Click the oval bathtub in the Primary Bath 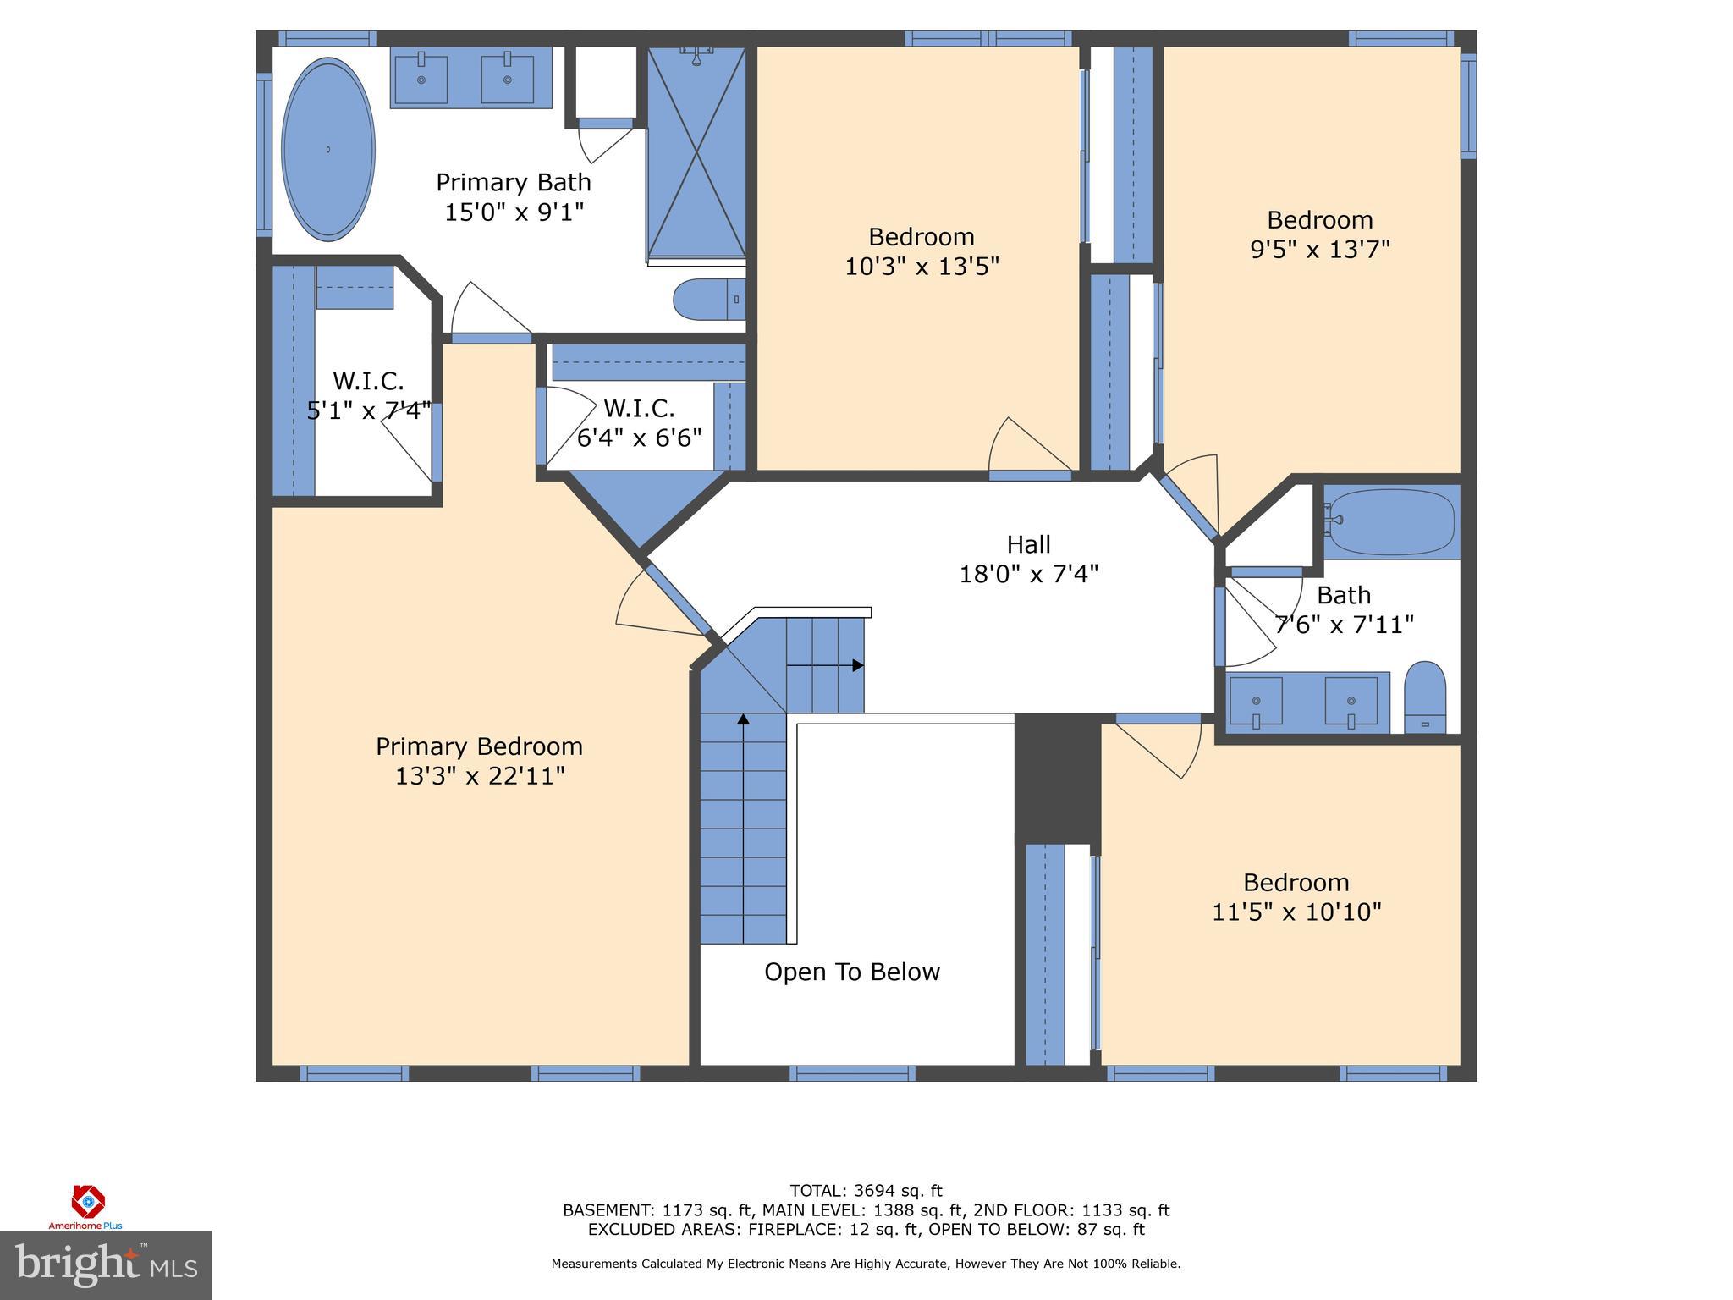tap(327, 150)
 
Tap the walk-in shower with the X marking tap(696, 152)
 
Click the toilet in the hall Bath tap(1425, 697)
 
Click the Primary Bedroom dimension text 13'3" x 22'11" tap(480, 775)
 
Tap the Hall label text tap(1028, 544)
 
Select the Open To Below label tap(852, 972)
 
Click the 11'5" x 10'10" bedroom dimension tap(1296, 912)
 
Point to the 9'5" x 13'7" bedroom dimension tap(1320, 250)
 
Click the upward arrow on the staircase tap(743, 720)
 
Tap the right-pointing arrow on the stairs tap(857, 665)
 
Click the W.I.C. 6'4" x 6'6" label tap(640, 423)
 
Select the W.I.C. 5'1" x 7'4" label tap(368, 396)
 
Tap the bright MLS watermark tap(105, 1264)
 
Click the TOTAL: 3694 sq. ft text tap(866, 1191)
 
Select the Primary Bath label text tap(514, 183)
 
